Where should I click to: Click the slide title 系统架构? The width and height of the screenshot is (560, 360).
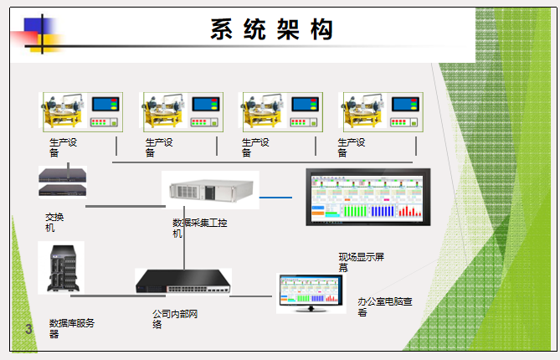coord(272,30)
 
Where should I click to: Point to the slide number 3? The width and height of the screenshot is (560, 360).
coord(28,328)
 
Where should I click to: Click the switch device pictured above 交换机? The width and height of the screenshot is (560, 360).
coord(62,180)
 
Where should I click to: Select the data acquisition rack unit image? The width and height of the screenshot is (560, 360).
coord(210,190)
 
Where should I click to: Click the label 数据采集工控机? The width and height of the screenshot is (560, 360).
coord(199,228)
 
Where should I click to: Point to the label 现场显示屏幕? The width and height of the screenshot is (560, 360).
coord(361,262)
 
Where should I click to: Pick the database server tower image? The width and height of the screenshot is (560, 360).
coord(61,267)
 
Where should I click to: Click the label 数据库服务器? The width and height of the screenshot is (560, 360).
coord(71,327)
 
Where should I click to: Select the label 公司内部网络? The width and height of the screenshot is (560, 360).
coord(175,319)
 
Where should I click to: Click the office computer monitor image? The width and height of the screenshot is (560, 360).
coord(311,292)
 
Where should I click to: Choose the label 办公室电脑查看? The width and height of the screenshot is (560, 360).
coord(384,306)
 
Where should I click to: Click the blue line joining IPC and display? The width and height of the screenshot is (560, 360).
coord(275,198)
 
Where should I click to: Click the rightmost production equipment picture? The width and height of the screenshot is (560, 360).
coord(376,111)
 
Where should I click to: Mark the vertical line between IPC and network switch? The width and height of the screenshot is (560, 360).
coord(184,247)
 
